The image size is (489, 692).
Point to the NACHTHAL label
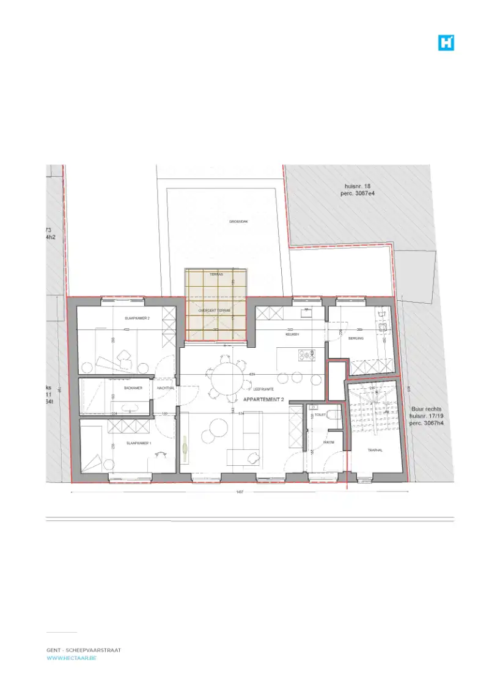click(x=165, y=388)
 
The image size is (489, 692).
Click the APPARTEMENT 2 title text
click(x=263, y=399)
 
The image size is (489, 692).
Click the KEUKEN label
click(x=292, y=335)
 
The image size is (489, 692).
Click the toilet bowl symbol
click(x=332, y=415)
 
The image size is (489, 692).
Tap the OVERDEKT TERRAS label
click(x=215, y=311)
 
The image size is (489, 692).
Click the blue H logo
click(x=446, y=42)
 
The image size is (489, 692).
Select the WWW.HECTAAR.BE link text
click(x=72, y=658)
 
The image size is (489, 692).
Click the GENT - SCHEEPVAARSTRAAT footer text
click(x=83, y=650)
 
